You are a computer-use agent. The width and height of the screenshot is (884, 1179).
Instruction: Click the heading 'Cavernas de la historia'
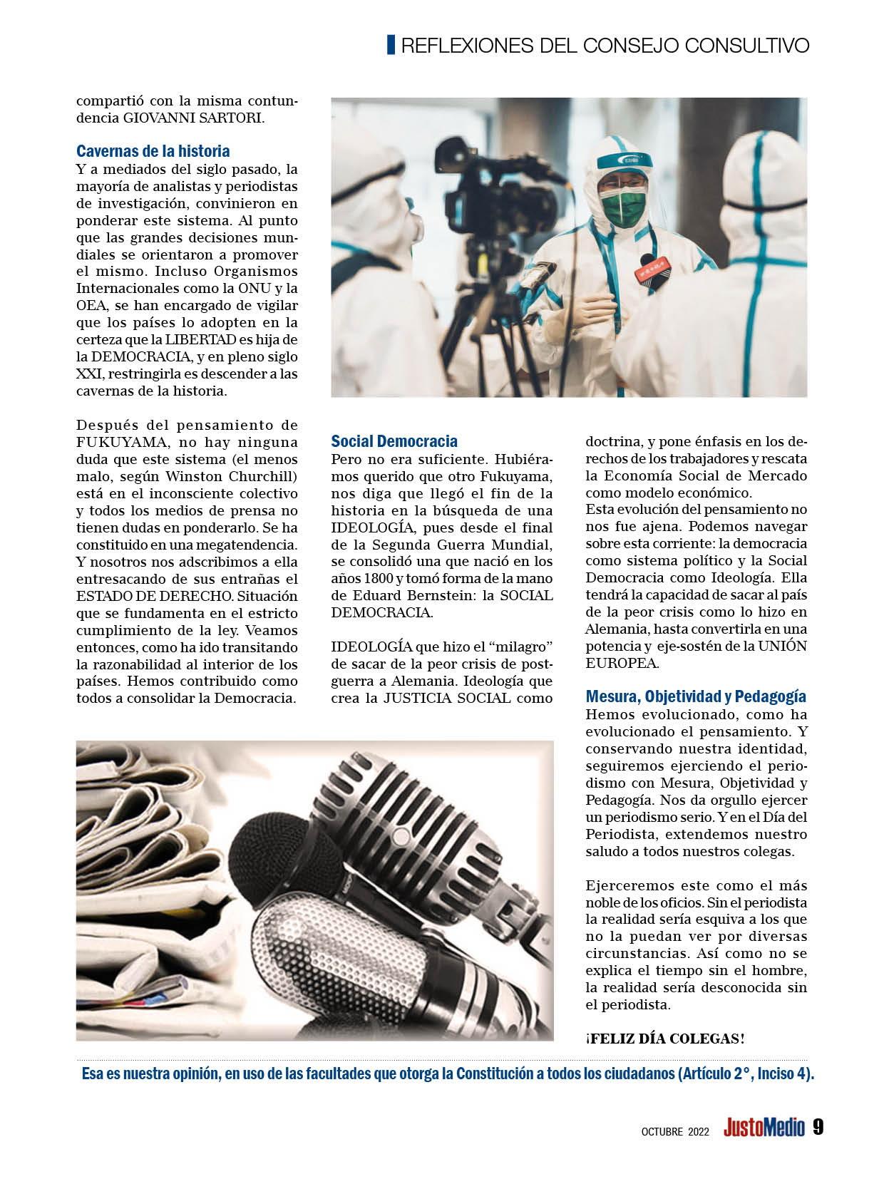click(153, 151)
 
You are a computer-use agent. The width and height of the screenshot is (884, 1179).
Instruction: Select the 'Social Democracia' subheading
click(394, 441)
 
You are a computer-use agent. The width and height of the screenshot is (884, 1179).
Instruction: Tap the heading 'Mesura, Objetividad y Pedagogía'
click(695, 696)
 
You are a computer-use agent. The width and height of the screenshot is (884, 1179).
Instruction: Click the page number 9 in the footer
click(818, 1127)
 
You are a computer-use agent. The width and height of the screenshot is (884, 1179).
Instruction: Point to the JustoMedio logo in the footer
click(764, 1128)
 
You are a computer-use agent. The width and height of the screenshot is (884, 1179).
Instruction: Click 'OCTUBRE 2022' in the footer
click(674, 1130)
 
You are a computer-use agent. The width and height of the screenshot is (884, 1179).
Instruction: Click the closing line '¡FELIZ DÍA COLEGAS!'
click(664, 1038)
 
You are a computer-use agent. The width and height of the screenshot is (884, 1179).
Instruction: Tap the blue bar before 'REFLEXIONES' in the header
click(391, 45)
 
